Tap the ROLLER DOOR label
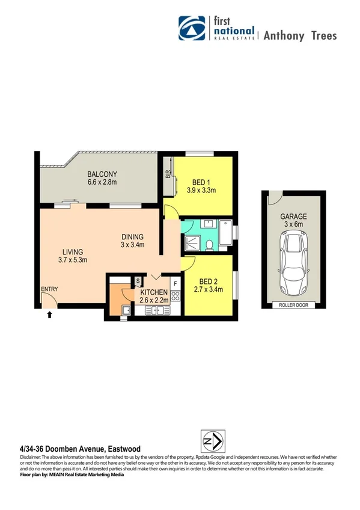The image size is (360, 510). [x=294, y=306]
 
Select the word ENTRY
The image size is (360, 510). [x=49, y=289]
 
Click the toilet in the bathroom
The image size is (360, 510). [x=210, y=245]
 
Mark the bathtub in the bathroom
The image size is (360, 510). [x=226, y=233]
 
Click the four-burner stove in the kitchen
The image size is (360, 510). [x=175, y=295]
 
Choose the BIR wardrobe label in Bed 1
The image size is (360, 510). [x=168, y=176]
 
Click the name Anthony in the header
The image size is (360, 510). [x=282, y=35]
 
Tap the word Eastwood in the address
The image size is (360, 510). [x=124, y=449]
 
